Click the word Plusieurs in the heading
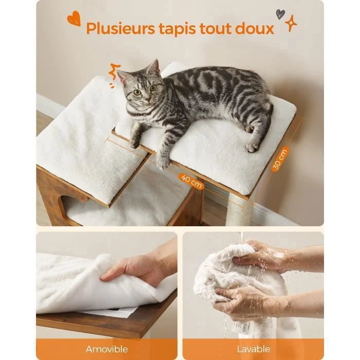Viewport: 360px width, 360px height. pos(120,29)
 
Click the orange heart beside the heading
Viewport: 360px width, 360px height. pos(74,19)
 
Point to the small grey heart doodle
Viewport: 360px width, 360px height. pos(280,14)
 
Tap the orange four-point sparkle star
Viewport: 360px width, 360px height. pos(291,23)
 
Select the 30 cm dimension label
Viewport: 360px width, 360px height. pos(280,159)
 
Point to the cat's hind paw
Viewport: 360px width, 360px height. pos(253,147)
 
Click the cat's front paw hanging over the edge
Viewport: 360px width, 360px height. pos(163,162)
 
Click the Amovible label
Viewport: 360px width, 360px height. pos(107,349)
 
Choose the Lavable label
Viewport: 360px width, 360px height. pos(254,349)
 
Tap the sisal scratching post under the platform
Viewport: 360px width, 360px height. pos(239,210)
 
